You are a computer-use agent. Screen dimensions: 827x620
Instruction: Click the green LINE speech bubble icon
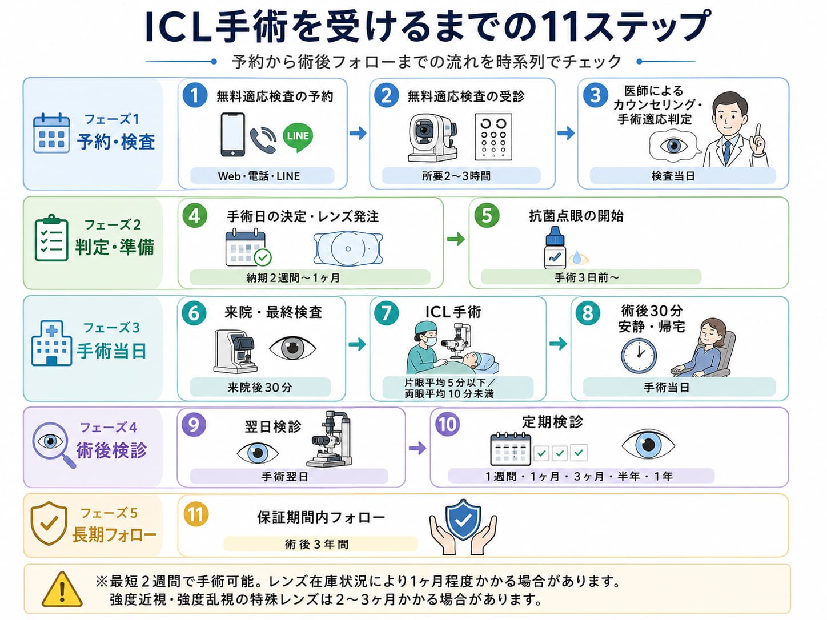(298, 137)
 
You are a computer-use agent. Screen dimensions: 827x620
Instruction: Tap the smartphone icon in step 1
(232, 134)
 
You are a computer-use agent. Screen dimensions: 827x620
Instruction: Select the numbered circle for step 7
(386, 313)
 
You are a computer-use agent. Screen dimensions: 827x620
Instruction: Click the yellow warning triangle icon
(62, 590)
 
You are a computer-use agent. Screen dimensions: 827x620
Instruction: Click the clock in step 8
(639, 356)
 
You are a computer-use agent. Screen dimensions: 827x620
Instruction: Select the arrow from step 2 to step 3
(566, 133)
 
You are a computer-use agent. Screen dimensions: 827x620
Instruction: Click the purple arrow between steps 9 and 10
(417, 448)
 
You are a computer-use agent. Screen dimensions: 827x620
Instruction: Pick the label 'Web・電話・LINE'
(259, 176)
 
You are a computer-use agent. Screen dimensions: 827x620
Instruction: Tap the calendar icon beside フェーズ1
(51, 133)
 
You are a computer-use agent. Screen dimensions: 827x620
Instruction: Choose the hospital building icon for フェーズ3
(51, 343)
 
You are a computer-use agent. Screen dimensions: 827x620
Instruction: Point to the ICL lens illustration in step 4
(348, 248)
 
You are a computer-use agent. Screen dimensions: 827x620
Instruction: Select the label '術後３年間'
(317, 544)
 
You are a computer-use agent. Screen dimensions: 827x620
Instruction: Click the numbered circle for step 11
(196, 514)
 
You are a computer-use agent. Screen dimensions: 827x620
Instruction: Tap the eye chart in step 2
(493, 136)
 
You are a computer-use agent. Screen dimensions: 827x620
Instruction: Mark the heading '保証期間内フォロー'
(321, 518)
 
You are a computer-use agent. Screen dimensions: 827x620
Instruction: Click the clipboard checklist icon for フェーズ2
(51, 238)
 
